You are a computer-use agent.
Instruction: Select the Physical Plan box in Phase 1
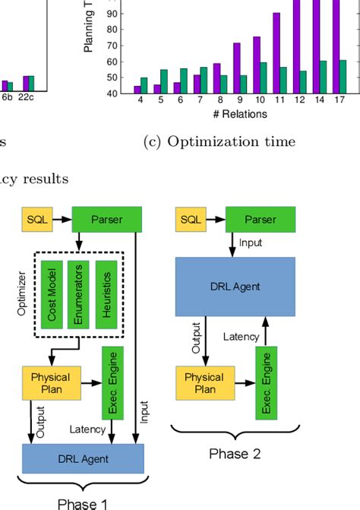coord(50,382)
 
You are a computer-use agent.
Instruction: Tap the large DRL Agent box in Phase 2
coord(235,286)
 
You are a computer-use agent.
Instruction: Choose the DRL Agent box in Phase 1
coord(84,458)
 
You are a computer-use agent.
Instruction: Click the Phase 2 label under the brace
coord(235,454)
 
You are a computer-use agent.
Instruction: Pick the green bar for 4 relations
coord(144,85)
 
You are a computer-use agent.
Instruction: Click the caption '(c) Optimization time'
coord(219,142)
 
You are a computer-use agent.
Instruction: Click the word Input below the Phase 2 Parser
coord(250,243)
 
